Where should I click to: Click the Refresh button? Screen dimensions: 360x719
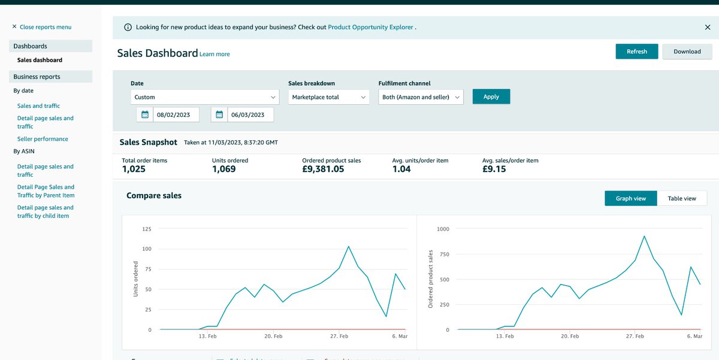click(636, 52)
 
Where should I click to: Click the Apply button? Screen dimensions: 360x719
click(491, 96)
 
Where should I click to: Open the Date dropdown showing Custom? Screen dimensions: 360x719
click(204, 97)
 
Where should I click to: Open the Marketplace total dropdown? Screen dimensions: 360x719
click(330, 97)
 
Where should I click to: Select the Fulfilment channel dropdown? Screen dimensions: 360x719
click(421, 97)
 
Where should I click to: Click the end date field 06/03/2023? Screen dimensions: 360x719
click(250, 114)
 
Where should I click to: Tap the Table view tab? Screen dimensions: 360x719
click(682, 198)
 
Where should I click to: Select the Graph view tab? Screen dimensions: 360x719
click(631, 198)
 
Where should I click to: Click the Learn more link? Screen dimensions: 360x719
click(215, 55)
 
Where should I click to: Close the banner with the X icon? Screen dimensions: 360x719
click(708, 27)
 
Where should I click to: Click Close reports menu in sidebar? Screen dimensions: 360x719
click(42, 27)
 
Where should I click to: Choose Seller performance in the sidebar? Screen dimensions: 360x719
click(43, 139)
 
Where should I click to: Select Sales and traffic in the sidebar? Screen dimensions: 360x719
click(38, 106)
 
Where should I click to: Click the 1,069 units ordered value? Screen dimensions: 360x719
click(223, 170)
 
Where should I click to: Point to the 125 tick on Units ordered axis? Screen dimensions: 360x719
click(146, 229)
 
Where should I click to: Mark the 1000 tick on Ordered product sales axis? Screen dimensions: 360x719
click(443, 229)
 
